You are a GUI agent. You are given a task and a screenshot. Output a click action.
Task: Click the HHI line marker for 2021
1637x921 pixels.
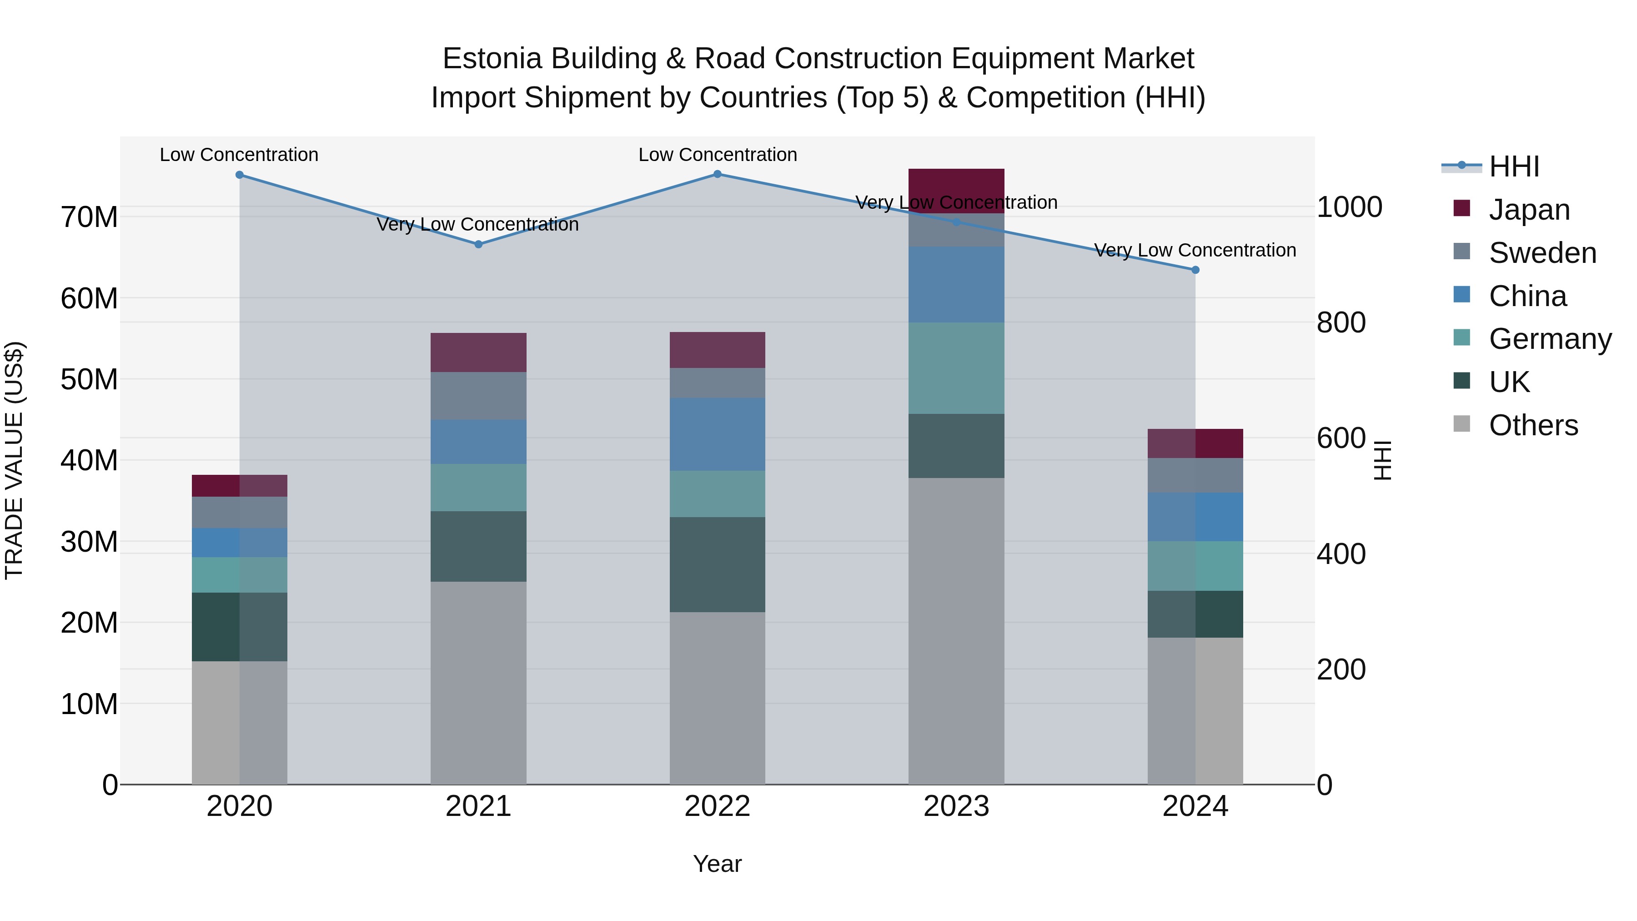pyautogui.click(x=478, y=244)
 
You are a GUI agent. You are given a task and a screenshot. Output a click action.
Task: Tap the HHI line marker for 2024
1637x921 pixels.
pyautogui.click(x=1195, y=270)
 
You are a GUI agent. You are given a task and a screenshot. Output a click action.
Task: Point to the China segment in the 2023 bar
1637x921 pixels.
pyautogui.click(x=956, y=284)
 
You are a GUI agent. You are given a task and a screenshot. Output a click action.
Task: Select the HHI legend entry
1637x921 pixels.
pyautogui.click(x=1514, y=166)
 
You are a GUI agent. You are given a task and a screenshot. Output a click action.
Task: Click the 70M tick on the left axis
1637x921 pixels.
pyautogui.click(x=89, y=217)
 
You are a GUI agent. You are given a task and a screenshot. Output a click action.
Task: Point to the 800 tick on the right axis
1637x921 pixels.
pyautogui.click(x=1341, y=322)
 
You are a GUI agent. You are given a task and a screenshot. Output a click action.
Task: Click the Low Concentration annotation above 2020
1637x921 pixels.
pyautogui.click(x=239, y=155)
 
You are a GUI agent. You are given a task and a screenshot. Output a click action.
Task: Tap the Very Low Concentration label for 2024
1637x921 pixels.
pyautogui.click(x=1195, y=251)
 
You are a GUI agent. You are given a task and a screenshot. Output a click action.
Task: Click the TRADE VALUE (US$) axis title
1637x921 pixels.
pyautogui.click(x=14, y=460)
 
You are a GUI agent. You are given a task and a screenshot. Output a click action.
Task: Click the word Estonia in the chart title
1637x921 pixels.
pyautogui.click(x=491, y=59)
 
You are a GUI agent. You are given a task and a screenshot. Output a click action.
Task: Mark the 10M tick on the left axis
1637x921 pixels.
pyautogui.click(x=89, y=704)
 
